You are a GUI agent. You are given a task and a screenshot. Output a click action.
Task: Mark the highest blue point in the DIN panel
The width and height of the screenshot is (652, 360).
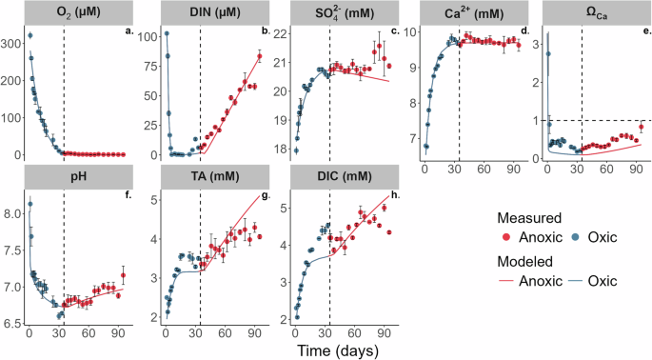pos(167,33)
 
